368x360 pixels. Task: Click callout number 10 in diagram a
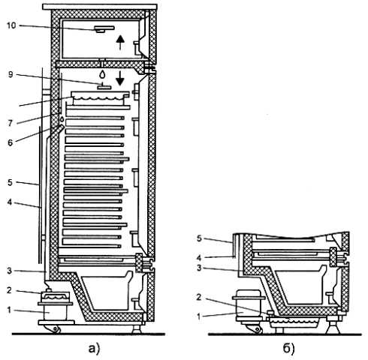(11, 25)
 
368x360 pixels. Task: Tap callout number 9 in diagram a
(11, 74)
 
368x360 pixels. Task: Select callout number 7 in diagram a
(10, 123)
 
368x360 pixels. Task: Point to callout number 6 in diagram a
(10, 142)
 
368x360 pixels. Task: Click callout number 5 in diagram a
(10, 182)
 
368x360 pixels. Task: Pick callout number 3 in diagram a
(10, 271)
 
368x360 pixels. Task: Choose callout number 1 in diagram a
(9, 310)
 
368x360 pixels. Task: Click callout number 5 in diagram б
(199, 238)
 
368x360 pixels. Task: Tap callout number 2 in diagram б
(199, 297)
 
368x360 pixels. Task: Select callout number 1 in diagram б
(199, 316)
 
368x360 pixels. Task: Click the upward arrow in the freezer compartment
(120, 43)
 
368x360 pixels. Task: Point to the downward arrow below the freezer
(120, 78)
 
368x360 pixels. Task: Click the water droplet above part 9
(102, 74)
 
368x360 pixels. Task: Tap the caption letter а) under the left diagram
(94, 348)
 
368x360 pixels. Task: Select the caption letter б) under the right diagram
(288, 348)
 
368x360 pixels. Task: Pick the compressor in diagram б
(249, 303)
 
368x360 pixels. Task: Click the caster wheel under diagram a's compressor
(56, 329)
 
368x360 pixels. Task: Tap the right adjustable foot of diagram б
(333, 327)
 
